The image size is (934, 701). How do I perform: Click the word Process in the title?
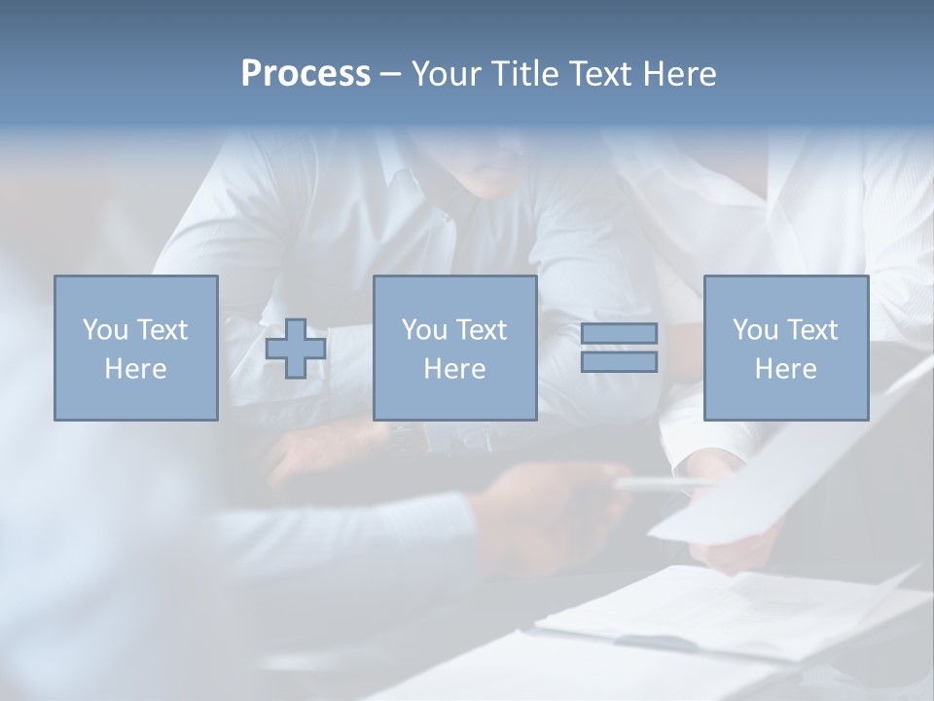coord(305,74)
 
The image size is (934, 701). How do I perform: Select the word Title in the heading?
coord(521,74)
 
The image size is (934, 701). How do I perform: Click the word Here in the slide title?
coord(677,74)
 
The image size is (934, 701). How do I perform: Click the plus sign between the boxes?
coord(296,349)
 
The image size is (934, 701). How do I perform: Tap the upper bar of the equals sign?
coord(619,334)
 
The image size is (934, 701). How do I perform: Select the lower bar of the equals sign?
coord(619,362)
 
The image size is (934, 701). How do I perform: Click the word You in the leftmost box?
coord(104,330)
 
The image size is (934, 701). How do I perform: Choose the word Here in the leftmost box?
coord(135,369)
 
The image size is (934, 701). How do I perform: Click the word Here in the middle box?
coord(454,369)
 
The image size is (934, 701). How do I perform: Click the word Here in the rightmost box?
coord(785,369)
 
